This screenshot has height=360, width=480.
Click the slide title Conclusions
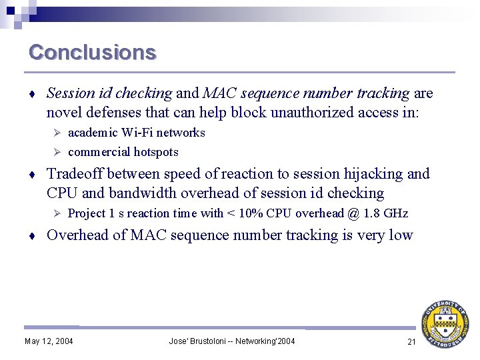[x=93, y=52]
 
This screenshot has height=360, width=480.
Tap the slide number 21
[x=411, y=341]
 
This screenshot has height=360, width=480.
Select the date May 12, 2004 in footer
[x=49, y=341]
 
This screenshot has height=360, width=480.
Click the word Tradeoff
[x=75, y=174]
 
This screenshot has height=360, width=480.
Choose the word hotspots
[x=156, y=152]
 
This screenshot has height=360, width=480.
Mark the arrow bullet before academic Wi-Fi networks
[x=57, y=133]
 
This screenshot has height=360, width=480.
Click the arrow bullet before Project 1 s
[x=57, y=213]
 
